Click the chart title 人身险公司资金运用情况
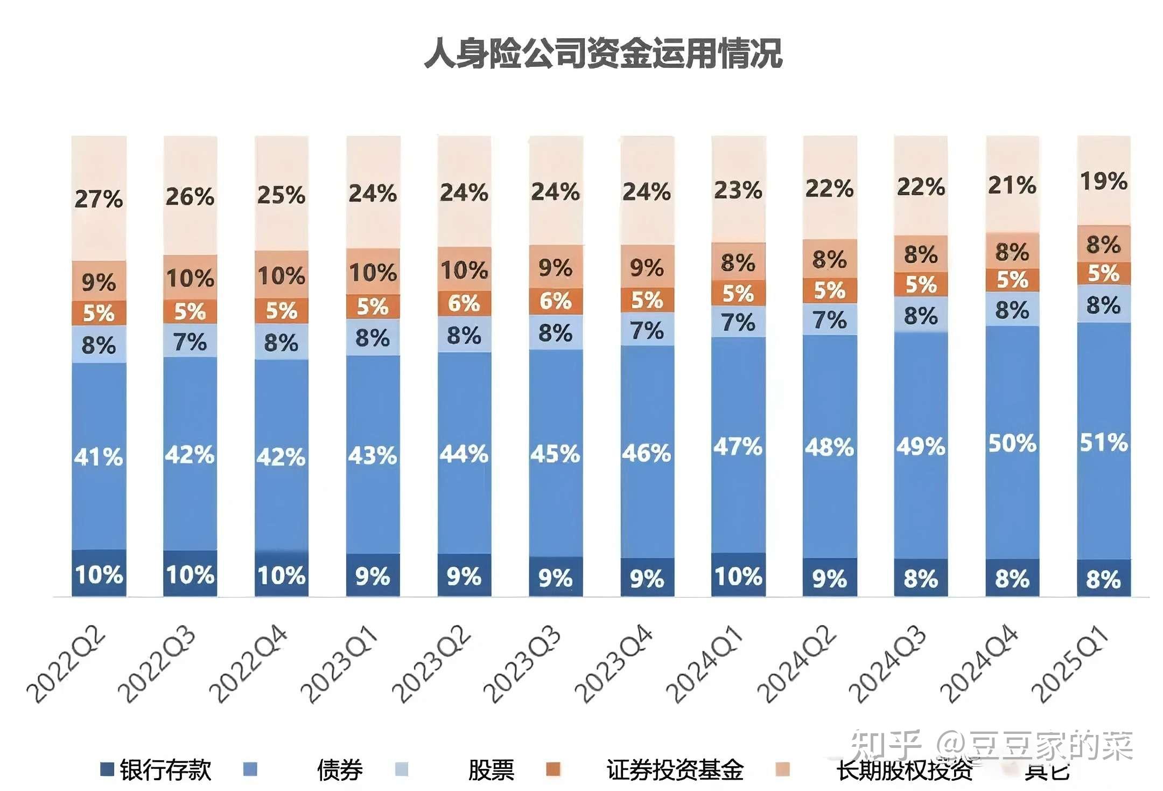pyautogui.click(x=603, y=54)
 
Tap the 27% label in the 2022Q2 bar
pyautogui.click(x=99, y=199)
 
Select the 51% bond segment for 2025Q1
pyautogui.click(x=1103, y=442)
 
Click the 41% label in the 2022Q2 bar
pyautogui.click(x=99, y=457)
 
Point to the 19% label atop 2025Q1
pyautogui.click(x=1103, y=181)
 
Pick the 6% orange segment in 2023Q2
pyautogui.click(x=464, y=303)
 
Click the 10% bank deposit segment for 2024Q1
pyautogui.click(x=738, y=576)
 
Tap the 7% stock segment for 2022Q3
pyautogui.click(x=190, y=342)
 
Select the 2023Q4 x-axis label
pyautogui.click(x=614, y=664)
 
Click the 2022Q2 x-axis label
pyautogui.click(x=66, y=664)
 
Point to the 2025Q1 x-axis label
pyautogui.click(x=1070, y=664)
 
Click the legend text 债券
pyautogui.click(x=340, y=770)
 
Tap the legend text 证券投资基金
pyautogui.click(x=675, y=770)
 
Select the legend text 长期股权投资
pyautogui.click(x=905, y=770)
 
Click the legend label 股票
pyautogui.click(x=491, y=770)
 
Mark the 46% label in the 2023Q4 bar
pyautogui.click(x=647, y=453)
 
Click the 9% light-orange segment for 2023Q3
pyautogui.click(x=556, y=267)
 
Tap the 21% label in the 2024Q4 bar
pyautogui.click(x=1012, y=185)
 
